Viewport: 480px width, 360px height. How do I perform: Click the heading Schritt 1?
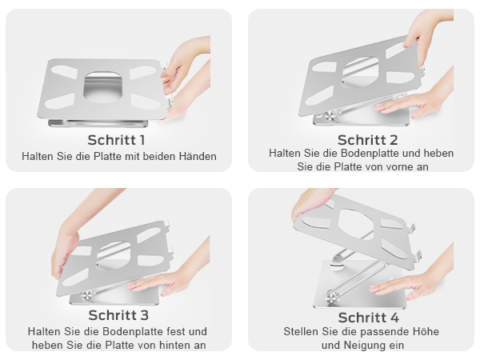click(x=116, y=140)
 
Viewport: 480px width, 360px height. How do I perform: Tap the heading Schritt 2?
click(x=368, y=140)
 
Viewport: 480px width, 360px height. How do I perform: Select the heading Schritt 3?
click(x=118, y=315)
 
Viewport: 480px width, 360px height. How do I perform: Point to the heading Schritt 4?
click(x=369, y=318)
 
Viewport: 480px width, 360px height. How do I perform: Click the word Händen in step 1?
click(x=198, y=157)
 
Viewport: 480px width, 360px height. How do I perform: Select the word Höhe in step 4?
click(x=426, y=331)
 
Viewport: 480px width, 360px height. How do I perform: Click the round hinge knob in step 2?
click(x=330, y=116)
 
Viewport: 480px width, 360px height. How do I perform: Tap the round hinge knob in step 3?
click(x=86, y=296)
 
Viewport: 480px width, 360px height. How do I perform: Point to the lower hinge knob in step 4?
click(x=330, y=298)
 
